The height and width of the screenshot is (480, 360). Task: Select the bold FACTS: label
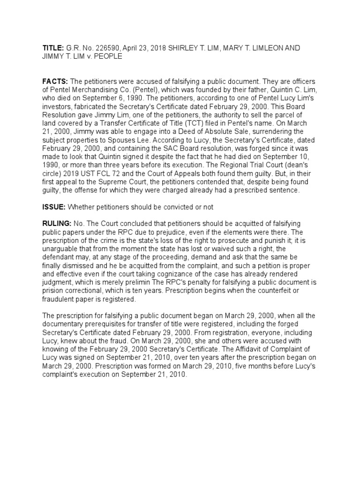(54, 82)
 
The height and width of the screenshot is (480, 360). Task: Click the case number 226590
(96, 49)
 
